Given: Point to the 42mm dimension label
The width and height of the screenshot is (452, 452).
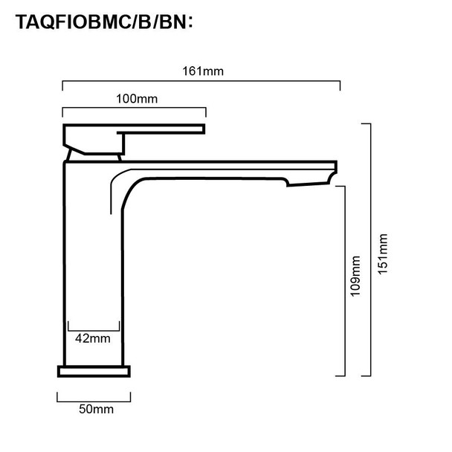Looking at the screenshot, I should pos(93,338).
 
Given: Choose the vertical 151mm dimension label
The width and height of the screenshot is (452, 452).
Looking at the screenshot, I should pos(383,254).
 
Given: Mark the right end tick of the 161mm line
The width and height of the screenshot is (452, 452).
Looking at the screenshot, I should pos(340,85).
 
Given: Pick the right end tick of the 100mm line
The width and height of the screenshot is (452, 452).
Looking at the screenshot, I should pos(205,113).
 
